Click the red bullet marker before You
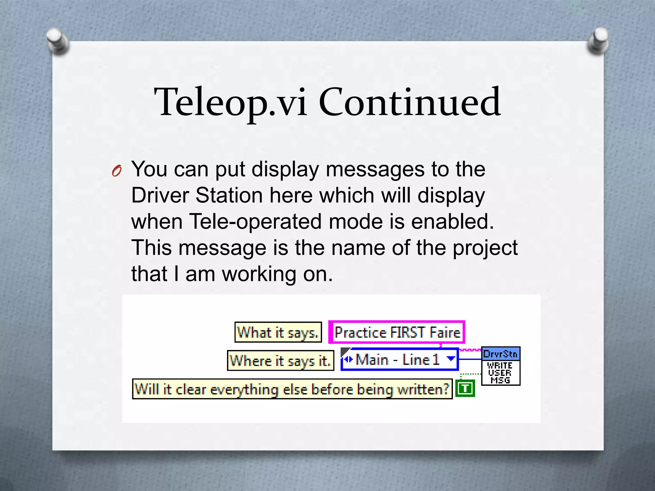[x=117, y=171]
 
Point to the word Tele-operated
[x=255, y=222]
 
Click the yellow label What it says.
[x=278, y=332]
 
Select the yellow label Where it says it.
[x=280, y=361]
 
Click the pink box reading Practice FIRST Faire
[x=397, y=332]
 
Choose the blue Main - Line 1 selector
[x=397, y=360]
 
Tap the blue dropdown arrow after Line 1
[x=451, y=359]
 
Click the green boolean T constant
[x=465, y=388]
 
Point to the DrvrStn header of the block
[x=501, y=354]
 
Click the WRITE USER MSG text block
[x=501, y=373]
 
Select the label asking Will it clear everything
[x=292, y=389]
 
